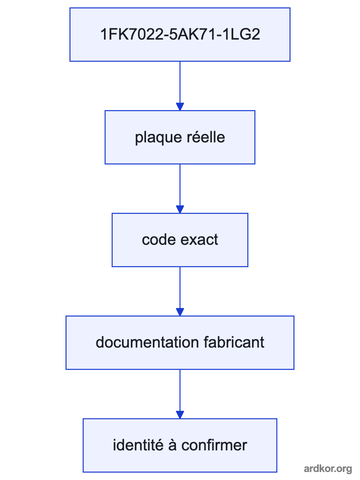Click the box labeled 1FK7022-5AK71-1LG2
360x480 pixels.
pyautogui.click(x=180, y=34)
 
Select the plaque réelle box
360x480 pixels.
pyautogui.click(x=180, y=137)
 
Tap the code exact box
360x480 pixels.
pyautogui.click(x=180, y=240)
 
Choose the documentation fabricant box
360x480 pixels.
pyautogui.click(x=180, y=343)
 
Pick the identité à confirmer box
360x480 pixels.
pyautogui.click(x=180, y=446)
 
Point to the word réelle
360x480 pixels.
pyautogui.click(x=206, y=137)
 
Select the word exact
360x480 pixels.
pyautogui.click(x=199, y=240)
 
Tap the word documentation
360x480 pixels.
pyautogui.click(x=147, y=342)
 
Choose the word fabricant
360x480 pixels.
pyautogui.click(x=234, y=342)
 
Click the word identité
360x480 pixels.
pyautogui.click(x=138, y=445)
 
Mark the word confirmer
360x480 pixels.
pyautogui.click(x=214, y=445)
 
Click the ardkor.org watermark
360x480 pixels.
pyautogui.click(x=328, y=469)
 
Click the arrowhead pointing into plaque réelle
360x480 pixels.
pyautogui.click(x=180, y=106)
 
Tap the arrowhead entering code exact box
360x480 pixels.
pyautogui.click(x=180, y=209)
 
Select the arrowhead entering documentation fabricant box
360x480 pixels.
pyautogui.click(x=180, y=312)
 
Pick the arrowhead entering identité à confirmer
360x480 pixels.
pyautogui.click(x=180, y=415)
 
